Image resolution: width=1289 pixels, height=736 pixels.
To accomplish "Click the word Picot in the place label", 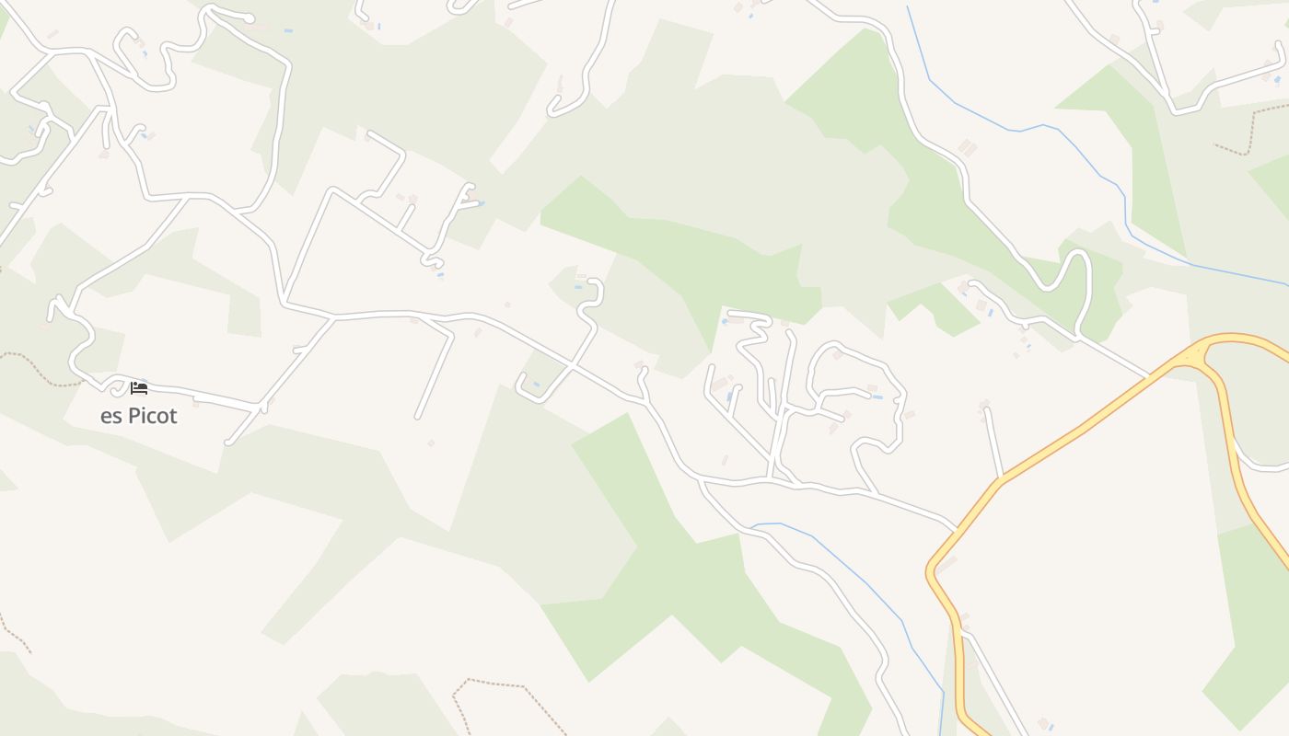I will point(152,416).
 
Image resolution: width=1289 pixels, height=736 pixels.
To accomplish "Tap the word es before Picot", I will point(110,417).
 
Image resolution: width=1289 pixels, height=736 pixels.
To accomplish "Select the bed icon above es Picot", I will point(139,388).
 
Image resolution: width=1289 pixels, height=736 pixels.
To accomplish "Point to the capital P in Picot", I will point(133,416).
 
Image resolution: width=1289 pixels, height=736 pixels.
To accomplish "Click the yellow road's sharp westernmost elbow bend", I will point(931,570).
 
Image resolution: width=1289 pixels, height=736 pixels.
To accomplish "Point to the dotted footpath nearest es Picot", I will point(37,368).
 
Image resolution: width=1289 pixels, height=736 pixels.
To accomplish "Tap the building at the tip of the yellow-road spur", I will point(984,404).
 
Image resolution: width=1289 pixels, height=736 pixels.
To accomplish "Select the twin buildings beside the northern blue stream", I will point(967,147).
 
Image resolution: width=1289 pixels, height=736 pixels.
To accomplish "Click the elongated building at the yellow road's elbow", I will point(946,562).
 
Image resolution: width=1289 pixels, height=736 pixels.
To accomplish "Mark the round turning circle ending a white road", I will point(250,18).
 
